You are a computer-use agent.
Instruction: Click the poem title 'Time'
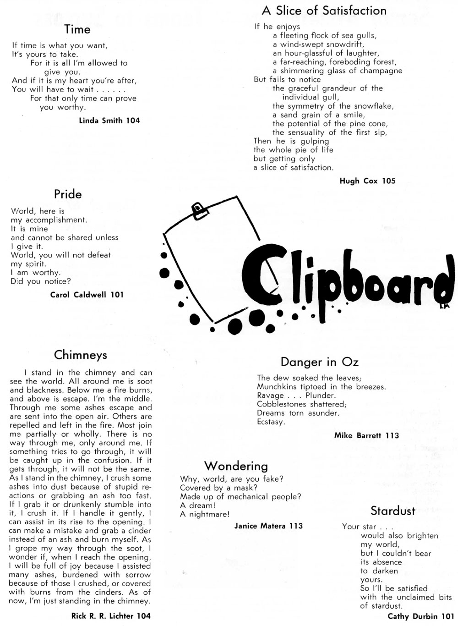77,29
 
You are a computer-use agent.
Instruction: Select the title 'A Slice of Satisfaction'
324,11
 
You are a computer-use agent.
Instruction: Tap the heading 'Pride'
68,194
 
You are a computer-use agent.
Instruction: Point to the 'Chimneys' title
81,355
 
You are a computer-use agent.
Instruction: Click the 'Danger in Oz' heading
319,362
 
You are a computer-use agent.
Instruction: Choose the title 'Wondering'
236,466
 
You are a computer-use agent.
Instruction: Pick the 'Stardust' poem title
393,511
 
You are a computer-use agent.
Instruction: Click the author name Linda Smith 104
109,121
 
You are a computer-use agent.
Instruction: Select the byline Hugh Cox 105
367,181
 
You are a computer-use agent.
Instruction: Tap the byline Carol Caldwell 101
87,295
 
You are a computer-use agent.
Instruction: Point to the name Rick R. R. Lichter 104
111,616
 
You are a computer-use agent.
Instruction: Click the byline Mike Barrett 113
366,435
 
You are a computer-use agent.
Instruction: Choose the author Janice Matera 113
268,526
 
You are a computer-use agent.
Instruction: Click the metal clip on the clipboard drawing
199,210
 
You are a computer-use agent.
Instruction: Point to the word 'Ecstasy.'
271,422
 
